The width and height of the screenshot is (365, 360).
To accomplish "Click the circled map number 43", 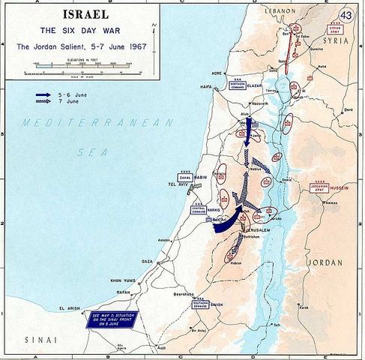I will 346,14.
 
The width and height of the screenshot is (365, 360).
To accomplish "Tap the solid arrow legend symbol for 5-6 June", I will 45,96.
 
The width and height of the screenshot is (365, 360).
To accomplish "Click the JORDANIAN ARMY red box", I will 323,187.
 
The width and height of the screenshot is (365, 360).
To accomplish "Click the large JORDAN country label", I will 325,263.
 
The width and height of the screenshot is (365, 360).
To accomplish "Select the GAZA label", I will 148,262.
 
